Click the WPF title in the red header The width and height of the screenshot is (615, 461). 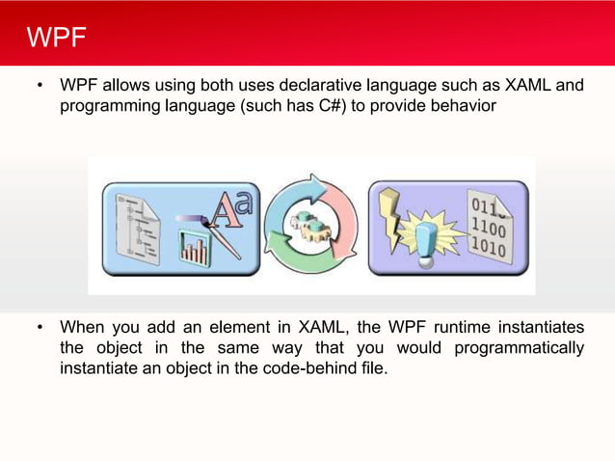click(57, 39)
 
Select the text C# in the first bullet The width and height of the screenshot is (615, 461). click(326, 106)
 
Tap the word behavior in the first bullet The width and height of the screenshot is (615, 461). click(464, 106)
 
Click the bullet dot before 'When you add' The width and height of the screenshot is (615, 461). click(40, 327)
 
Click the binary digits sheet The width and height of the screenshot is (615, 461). click(490, 227)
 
